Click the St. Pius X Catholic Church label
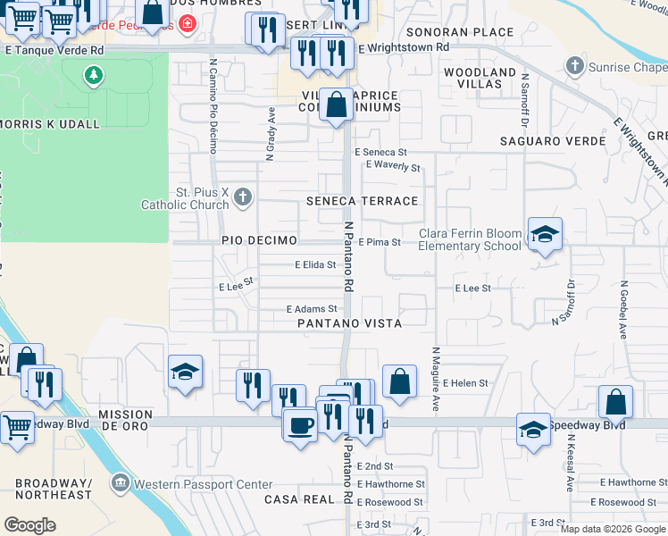click(185, 197)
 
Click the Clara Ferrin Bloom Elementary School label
click(470, 239)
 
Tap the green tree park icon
click(94, 76)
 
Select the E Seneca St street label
click(380, 153)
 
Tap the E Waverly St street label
click(393, 166)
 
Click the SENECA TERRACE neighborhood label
click(362, 201)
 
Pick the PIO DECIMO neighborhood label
click(259, 242)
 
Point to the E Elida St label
click(315, 264)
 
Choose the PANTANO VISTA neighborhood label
click(349, 322)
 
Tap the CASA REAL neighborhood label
click(298, 499)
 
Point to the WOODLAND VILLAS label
click(480, 78)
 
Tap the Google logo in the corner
click(30, 525)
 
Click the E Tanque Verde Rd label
click(54, 50)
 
